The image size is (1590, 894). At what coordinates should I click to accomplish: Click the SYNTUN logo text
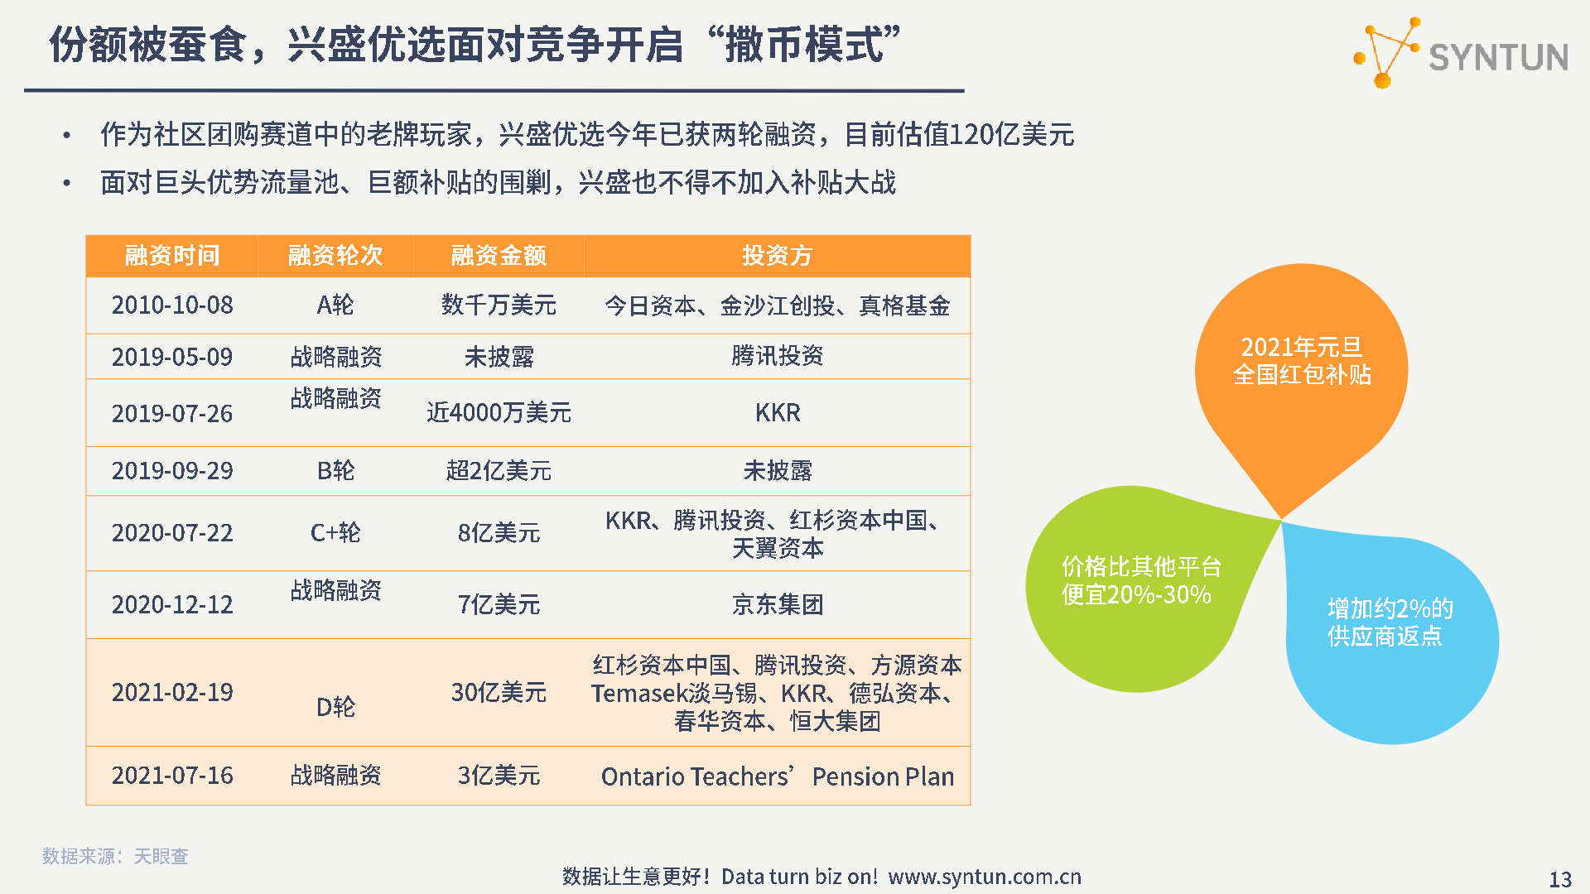pos(1498,57)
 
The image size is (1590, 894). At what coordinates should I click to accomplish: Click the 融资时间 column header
pos(172,255)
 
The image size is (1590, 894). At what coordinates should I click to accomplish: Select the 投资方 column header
pos(777,255)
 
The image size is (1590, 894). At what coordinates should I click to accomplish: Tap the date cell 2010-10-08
pos(172,305)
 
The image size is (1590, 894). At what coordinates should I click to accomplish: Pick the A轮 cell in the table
pos(335,305)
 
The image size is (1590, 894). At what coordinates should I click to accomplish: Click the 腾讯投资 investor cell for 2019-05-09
pos(777,356)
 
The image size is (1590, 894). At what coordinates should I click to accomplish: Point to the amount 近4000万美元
pos(499,412)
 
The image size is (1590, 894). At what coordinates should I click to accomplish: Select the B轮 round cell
pos(335,470)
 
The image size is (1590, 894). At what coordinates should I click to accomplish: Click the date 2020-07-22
pos(172,532)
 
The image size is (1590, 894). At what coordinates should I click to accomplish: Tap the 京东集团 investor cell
pos(777,604)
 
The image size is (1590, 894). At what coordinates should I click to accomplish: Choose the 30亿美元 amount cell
pos(499,692)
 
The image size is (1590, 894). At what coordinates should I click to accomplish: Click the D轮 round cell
pos(335,707)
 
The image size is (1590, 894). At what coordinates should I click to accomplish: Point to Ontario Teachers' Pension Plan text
pos(778,776)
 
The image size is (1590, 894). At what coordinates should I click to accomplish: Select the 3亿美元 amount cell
pos(499,776)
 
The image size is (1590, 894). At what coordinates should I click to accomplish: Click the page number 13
pos(1560,879)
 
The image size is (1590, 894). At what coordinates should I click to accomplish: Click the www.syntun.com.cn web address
pos(985,877)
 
